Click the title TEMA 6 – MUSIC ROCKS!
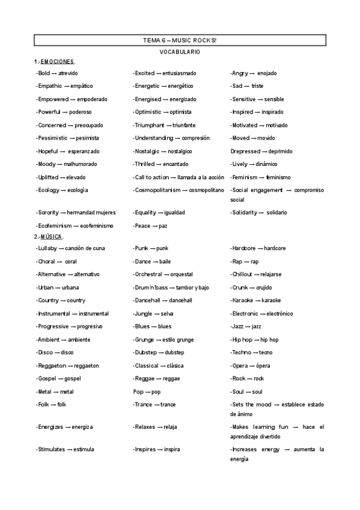coord(180,40)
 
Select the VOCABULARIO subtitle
coord(180,52)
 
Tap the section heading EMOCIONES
coord(58,62)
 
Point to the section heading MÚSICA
coord(52,236)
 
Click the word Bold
coord(44,73)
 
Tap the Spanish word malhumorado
coord(80,164)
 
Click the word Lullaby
coord(47,248)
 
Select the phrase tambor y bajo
coord(188,287)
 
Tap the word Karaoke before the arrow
coord(242,300)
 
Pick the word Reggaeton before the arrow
coord(52,366)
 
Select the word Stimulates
coord(52,449)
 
